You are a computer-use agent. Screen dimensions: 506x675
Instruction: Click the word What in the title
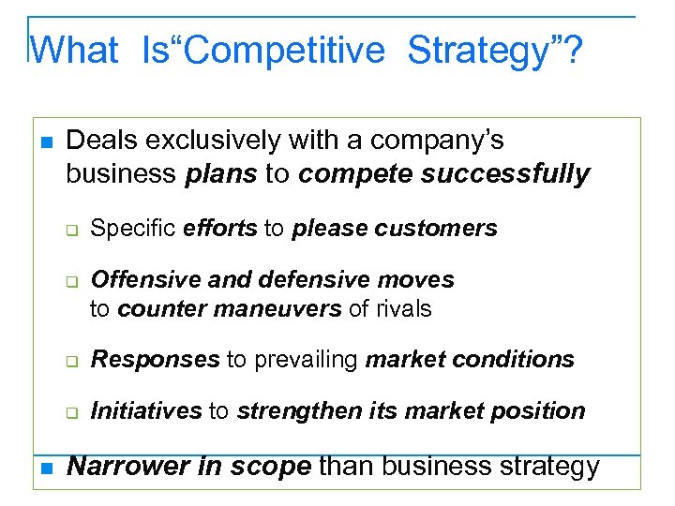click(75, 50)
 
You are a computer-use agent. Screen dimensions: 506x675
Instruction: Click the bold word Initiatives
click(146, 410)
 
